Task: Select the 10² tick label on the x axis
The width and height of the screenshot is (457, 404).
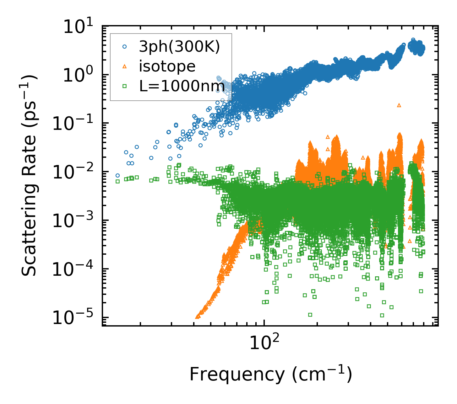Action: pyautogui.click(x=264, y=343)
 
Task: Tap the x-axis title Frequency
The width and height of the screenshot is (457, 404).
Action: pyautogui.click(x=270, y=374)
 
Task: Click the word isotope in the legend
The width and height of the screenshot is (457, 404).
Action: pyautogui.click(x=167, y=66)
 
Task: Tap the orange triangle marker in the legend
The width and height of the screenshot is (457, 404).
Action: pyautogui.click(x=125, y=66)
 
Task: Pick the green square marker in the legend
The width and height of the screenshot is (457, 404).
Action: pyautogui.click(x=125, y=86)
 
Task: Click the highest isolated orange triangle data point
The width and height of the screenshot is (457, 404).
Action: pyautogui.click(x=399, y=105)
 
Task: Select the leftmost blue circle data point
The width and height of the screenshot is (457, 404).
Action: pyautogui.click(x=117, y=176)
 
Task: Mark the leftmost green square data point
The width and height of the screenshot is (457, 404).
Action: pyautogui.click(x=117, y=181)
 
